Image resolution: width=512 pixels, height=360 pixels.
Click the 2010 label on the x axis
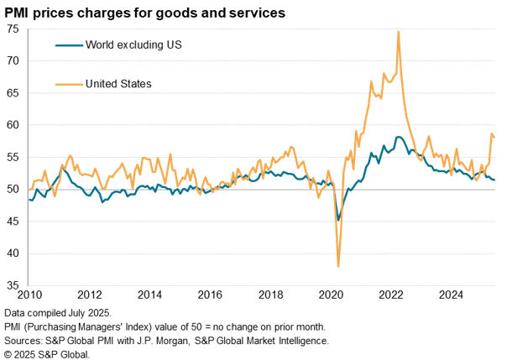click(29, 295)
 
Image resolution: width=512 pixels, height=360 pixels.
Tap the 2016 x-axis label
click(210, 295)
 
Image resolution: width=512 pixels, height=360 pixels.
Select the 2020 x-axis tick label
click(331, 295)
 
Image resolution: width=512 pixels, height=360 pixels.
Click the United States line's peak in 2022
click(398, 32)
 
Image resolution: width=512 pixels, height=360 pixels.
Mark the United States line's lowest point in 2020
click(338, 266)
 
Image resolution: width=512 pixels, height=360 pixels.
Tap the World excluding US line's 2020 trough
click(338, 220)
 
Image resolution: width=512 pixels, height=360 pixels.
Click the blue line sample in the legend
click(67, 44)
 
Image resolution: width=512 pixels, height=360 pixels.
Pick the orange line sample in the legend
click(67, 83)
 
